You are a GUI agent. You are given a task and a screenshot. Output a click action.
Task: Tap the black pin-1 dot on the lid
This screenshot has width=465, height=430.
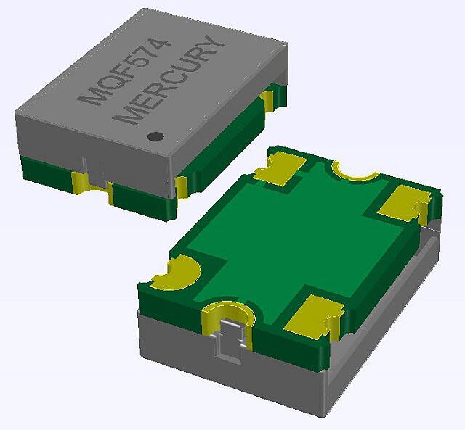pos(154,136)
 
